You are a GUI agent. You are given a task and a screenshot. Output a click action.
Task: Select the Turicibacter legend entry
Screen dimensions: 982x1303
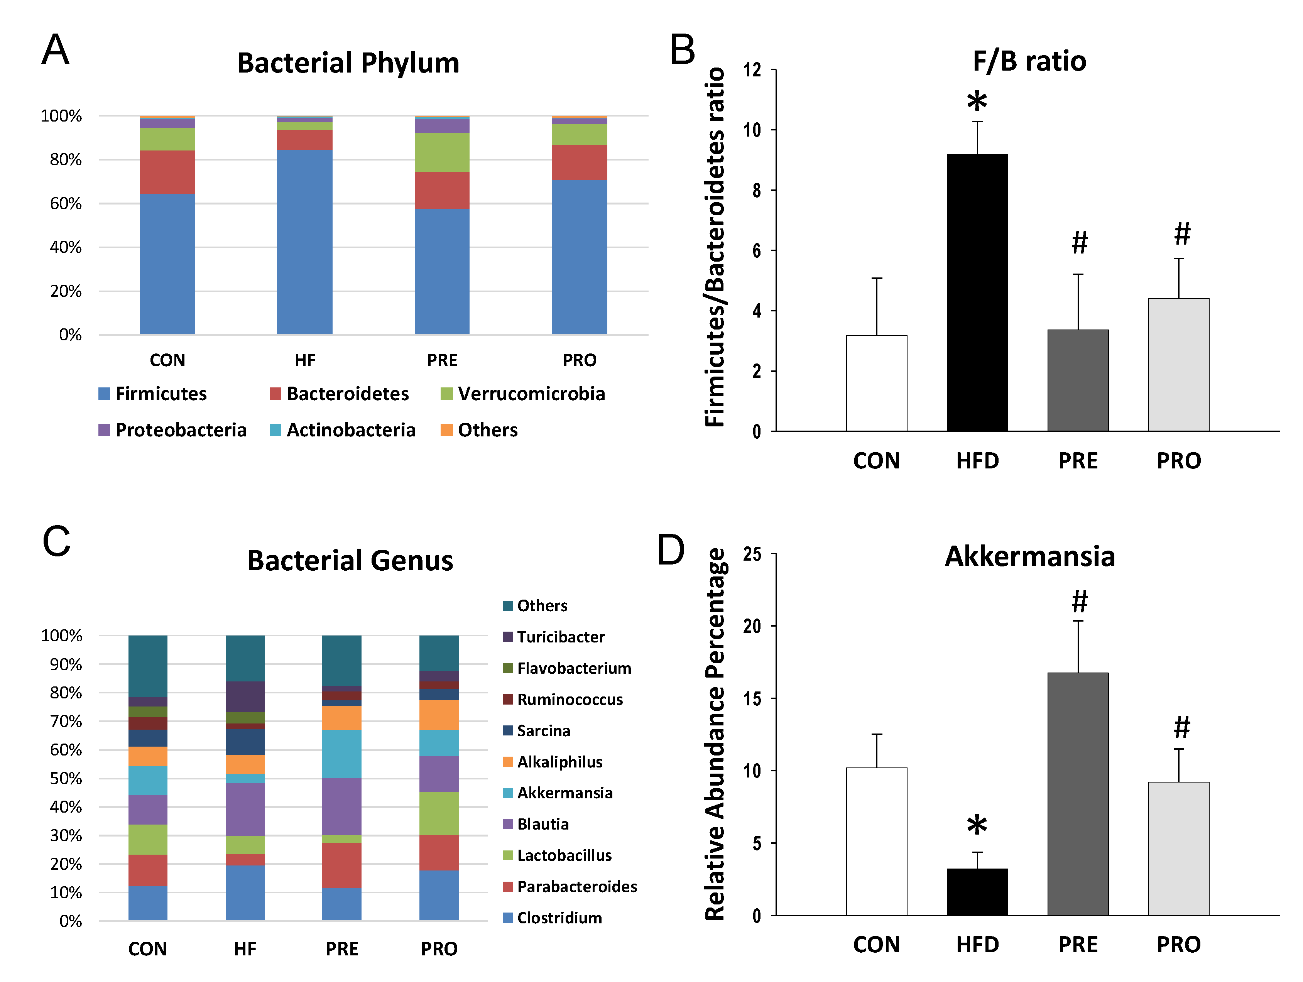coord(554,637)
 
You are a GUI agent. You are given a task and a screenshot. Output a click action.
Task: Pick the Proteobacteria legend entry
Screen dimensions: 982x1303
coord(172,430)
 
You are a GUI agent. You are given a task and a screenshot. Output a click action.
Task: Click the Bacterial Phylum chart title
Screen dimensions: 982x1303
coord(348,63)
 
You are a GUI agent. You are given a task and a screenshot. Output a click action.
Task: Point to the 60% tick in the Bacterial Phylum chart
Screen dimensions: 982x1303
coord(65,204)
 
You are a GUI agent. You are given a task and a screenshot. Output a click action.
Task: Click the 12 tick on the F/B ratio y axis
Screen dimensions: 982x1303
coord(752,70)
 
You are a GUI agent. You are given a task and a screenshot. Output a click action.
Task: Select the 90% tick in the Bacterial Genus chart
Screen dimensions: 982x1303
coord(65,664)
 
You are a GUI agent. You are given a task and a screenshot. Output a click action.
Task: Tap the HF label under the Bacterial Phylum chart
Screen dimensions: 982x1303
coord(304,360)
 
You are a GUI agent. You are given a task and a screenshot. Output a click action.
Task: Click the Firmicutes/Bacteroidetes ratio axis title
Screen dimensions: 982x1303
coord(715,247)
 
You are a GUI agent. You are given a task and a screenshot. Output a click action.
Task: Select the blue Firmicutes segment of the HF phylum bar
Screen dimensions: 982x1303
coord(304,242)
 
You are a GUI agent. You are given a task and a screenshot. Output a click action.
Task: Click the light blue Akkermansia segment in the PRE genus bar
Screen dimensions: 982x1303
coord(341,754)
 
